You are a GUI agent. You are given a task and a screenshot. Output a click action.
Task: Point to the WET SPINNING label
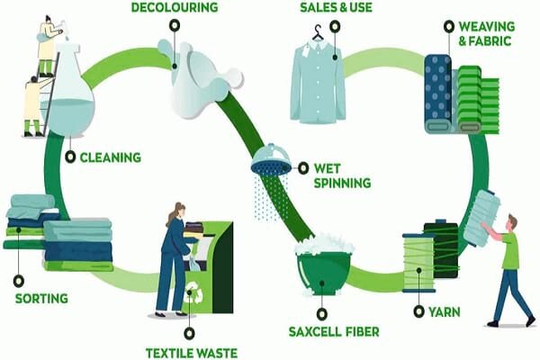coord(342,175)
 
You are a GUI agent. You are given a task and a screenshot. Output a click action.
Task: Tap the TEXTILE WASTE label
coord(192,352)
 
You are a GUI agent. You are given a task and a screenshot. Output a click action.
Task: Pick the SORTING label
coord(41,297)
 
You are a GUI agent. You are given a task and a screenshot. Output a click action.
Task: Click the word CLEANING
coord(111,157)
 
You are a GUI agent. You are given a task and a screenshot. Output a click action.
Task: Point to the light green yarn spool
coord(418,262)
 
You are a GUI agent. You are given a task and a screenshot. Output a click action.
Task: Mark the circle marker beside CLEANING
coord(70,157)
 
